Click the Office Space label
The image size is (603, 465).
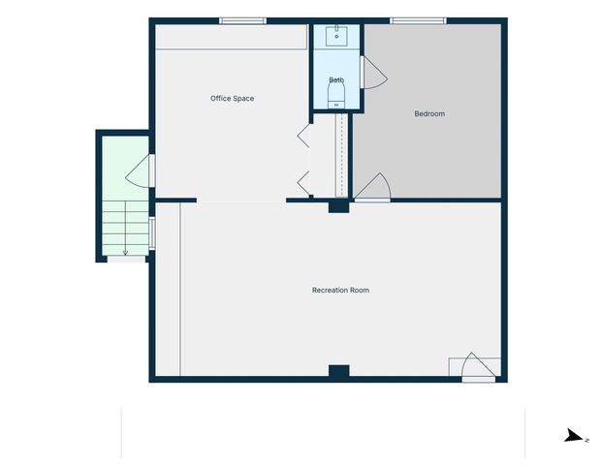(x=232, y=98)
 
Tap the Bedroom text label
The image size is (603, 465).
(x=429, y=113)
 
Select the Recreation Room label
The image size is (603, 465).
(x=339, y=290)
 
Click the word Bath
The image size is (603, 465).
(x=336, y=79)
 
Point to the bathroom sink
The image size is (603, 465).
(x=336, y=37)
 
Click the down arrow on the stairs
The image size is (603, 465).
(x=125, y=250)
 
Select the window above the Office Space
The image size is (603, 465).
(x=242, y=20)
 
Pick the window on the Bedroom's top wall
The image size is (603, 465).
(x=418, y=20)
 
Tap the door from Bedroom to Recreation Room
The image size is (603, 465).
(x=373, y=188)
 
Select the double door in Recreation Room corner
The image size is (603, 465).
(x=475, y=368)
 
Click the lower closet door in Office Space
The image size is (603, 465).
(x=303, y=181)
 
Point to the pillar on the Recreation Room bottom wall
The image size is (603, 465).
(x=337, y=372)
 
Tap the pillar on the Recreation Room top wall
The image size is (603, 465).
(x=337, y=205)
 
